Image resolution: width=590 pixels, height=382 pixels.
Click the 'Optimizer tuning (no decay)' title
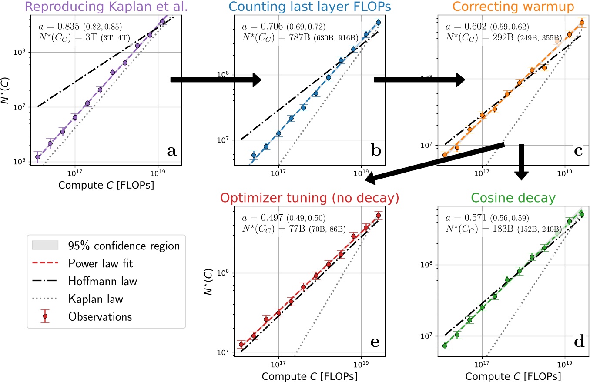[x=309, y=199]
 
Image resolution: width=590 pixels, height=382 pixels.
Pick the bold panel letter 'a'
[x=171, y=151]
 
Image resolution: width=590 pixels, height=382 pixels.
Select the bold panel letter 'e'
[x=375, y=342]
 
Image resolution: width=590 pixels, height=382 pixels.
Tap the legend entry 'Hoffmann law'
[x=102, y=281]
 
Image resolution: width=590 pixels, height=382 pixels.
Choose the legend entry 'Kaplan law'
[x=96, y=299]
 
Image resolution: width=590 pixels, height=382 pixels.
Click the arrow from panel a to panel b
[x=215, y=80]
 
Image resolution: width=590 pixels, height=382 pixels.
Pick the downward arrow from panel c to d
[x=521, y=162]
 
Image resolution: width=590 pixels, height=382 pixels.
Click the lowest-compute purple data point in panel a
[x=37, y=157]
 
